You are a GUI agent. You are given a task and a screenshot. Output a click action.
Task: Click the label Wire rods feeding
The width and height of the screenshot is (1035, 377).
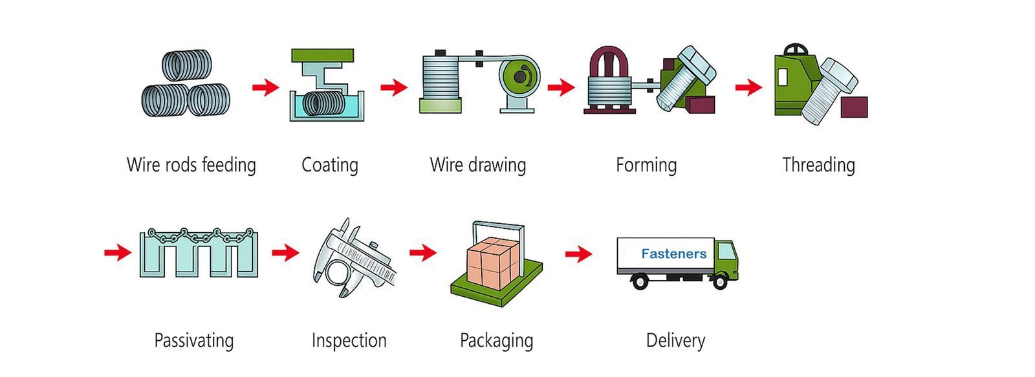point(191,165)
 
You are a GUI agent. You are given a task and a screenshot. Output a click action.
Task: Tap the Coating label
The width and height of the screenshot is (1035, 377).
point(329,165)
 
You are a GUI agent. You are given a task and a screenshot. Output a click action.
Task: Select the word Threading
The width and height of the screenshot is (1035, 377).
point(818,165)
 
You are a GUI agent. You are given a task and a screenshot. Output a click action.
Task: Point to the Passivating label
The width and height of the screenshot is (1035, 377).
point(193,340)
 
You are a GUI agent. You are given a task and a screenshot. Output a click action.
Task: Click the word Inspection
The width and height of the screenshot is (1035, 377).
point(349,340)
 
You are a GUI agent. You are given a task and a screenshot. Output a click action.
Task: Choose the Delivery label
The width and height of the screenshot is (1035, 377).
point(675,340)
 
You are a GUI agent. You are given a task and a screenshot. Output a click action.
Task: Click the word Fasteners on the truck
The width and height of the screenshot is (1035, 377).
point(673,254)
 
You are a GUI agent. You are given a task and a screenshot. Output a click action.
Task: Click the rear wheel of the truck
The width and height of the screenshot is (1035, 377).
point(640,281)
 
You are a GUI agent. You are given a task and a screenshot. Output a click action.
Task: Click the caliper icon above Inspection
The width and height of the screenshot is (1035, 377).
point(353,259)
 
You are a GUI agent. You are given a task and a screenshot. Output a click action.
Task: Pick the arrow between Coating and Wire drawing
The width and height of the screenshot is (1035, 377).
point(393,87)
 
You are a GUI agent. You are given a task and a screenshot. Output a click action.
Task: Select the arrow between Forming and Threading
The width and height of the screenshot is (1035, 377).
point(748,87)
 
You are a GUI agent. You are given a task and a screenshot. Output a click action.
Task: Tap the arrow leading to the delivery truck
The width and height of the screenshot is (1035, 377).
point(578,253)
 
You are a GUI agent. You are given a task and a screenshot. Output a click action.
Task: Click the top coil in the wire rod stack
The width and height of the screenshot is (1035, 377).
point(187,65)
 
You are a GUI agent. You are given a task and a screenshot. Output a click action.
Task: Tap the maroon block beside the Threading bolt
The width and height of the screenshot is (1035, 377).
point(854,107)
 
